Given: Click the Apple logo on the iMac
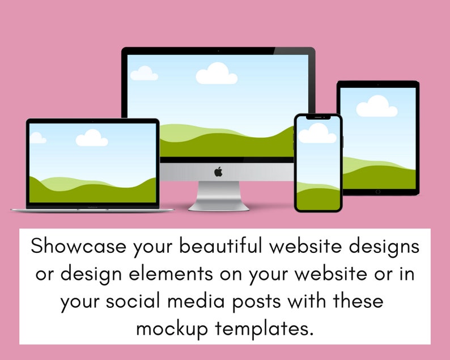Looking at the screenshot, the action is [218, 172].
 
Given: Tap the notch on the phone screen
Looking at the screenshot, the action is [318, 117].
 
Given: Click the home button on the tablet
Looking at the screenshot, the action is [377, 192].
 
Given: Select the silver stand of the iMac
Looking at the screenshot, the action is [218, 196].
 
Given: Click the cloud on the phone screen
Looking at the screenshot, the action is [317, 133].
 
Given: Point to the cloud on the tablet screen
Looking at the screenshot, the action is [377, 106].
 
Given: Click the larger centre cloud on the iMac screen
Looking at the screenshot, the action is [216, 74].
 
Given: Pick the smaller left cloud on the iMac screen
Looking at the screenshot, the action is [144, 73].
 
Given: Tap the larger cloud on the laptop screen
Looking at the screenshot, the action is [92, 138].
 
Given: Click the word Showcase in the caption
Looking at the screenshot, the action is [78, 246].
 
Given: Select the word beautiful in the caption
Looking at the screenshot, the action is [220, 246].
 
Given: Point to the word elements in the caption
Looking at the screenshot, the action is [171, 274].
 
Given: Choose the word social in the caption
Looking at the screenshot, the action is [133, 301].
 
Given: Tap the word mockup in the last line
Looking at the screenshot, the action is [172, 329].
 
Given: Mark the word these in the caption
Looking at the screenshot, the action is [358, 301].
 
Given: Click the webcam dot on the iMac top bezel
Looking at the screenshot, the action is [218, 51].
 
